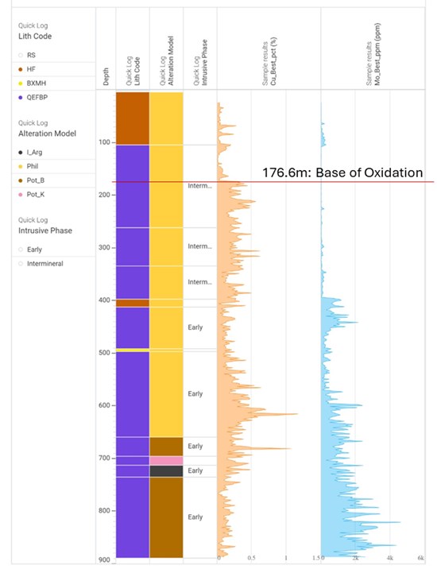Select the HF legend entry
[31, 70]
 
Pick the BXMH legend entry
[33, 83]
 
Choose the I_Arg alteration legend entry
[33, 152]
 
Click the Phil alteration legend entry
[31, 166]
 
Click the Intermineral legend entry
[41, 263]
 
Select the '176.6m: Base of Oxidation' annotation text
[342, 172]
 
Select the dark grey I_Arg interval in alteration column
[166, 471]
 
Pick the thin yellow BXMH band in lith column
[133, 350]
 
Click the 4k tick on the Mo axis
[389, 559]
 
